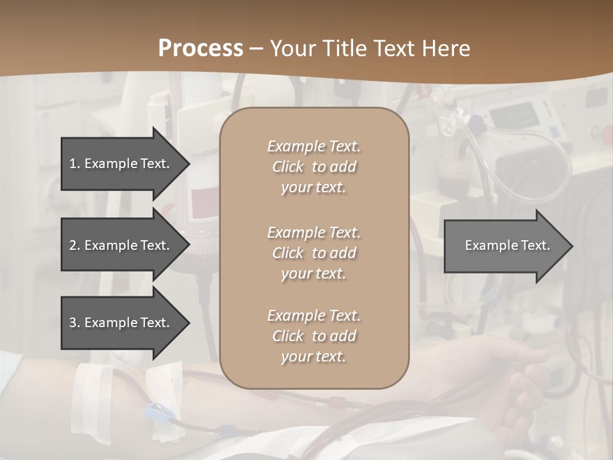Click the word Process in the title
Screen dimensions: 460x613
[x=201, y=48]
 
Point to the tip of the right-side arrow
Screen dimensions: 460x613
[x=571, y=246]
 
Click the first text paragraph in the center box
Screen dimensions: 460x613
[x=314, y=167]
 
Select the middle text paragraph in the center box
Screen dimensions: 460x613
[x=314, y=253]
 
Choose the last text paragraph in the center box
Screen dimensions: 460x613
[x=314, y=336]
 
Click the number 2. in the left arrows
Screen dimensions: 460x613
[x=75, y=245]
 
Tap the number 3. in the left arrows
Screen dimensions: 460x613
[x=75, y=323]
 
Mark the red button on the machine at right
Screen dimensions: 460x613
[x=600, y=135]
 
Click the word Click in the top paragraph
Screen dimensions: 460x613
[x=288, y=167]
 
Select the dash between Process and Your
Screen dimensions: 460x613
[x=256, y=49]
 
